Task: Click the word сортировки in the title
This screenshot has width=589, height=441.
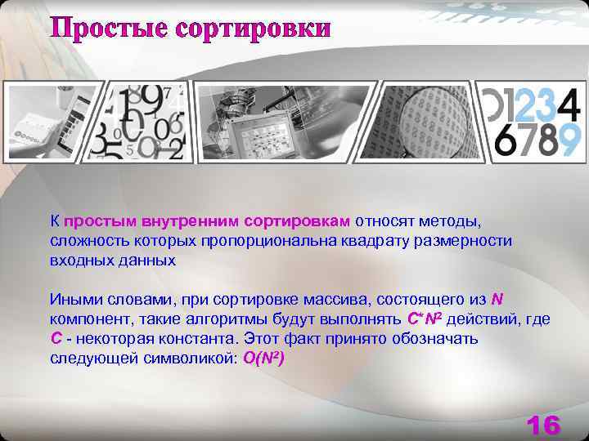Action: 263,28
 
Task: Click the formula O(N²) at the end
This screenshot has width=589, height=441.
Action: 263,359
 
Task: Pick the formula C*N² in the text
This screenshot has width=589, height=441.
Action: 425,318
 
